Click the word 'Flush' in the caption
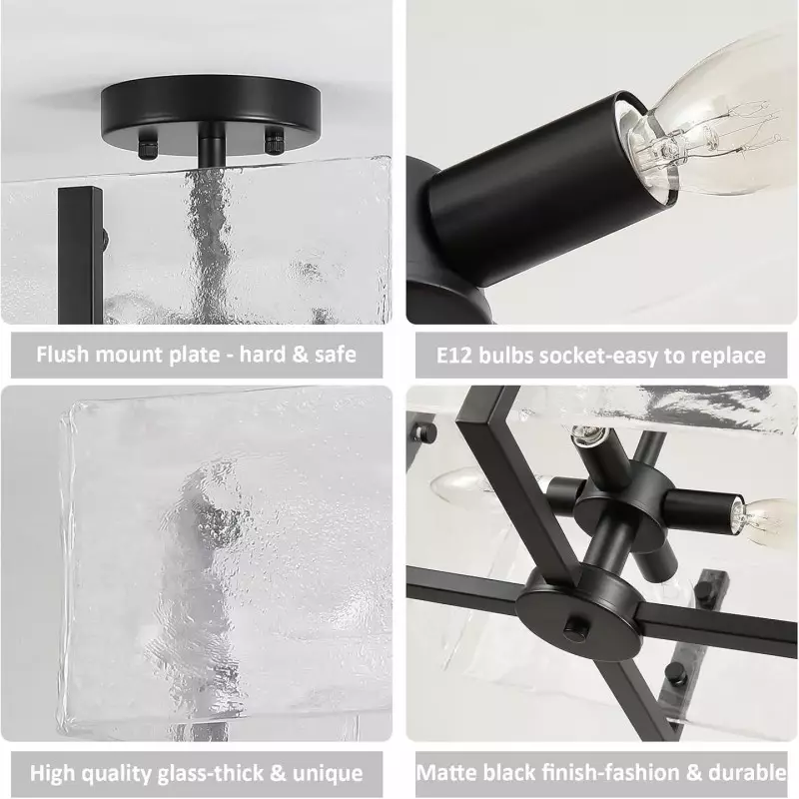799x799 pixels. tap(62, 355)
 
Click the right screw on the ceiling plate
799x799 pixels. tap(274, 142)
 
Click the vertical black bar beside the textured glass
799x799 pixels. tap(80, 255)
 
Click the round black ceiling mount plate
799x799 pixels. tap(211, 112)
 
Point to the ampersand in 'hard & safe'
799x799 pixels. tap(299, 355)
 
